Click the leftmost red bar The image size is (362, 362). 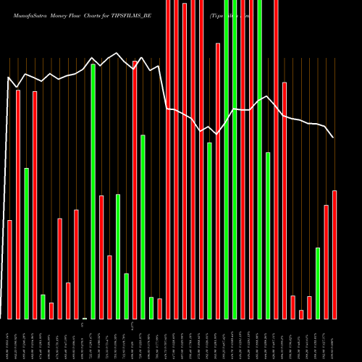pos(10,269)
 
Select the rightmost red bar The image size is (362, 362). pos(334,254)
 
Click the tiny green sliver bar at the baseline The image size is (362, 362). pos(85,318)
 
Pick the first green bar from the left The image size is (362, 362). pos(27,243)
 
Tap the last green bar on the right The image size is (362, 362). pos(318,283)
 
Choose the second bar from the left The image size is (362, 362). pos(18,204)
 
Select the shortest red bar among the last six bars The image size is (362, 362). pos(301,314)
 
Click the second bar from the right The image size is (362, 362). pos(327,261)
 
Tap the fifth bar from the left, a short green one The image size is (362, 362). pos(43,306)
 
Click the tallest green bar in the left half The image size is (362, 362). pos(93,191)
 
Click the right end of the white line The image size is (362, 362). pos(334,138)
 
